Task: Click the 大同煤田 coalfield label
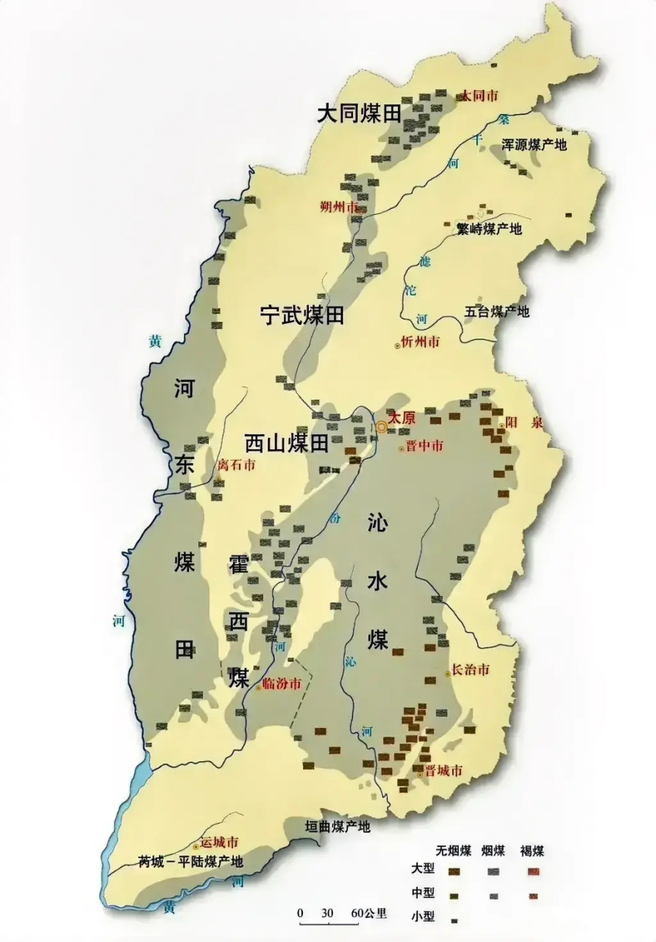(360, 113)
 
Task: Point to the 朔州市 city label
(339, 207)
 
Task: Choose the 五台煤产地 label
(496, 311)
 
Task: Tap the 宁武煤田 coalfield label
(302, 316)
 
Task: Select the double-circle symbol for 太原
(382, 426)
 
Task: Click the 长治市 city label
(470, 670)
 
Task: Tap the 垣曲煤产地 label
(338, 826)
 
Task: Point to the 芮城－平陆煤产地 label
(190, 861)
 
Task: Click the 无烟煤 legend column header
(454, 851)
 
